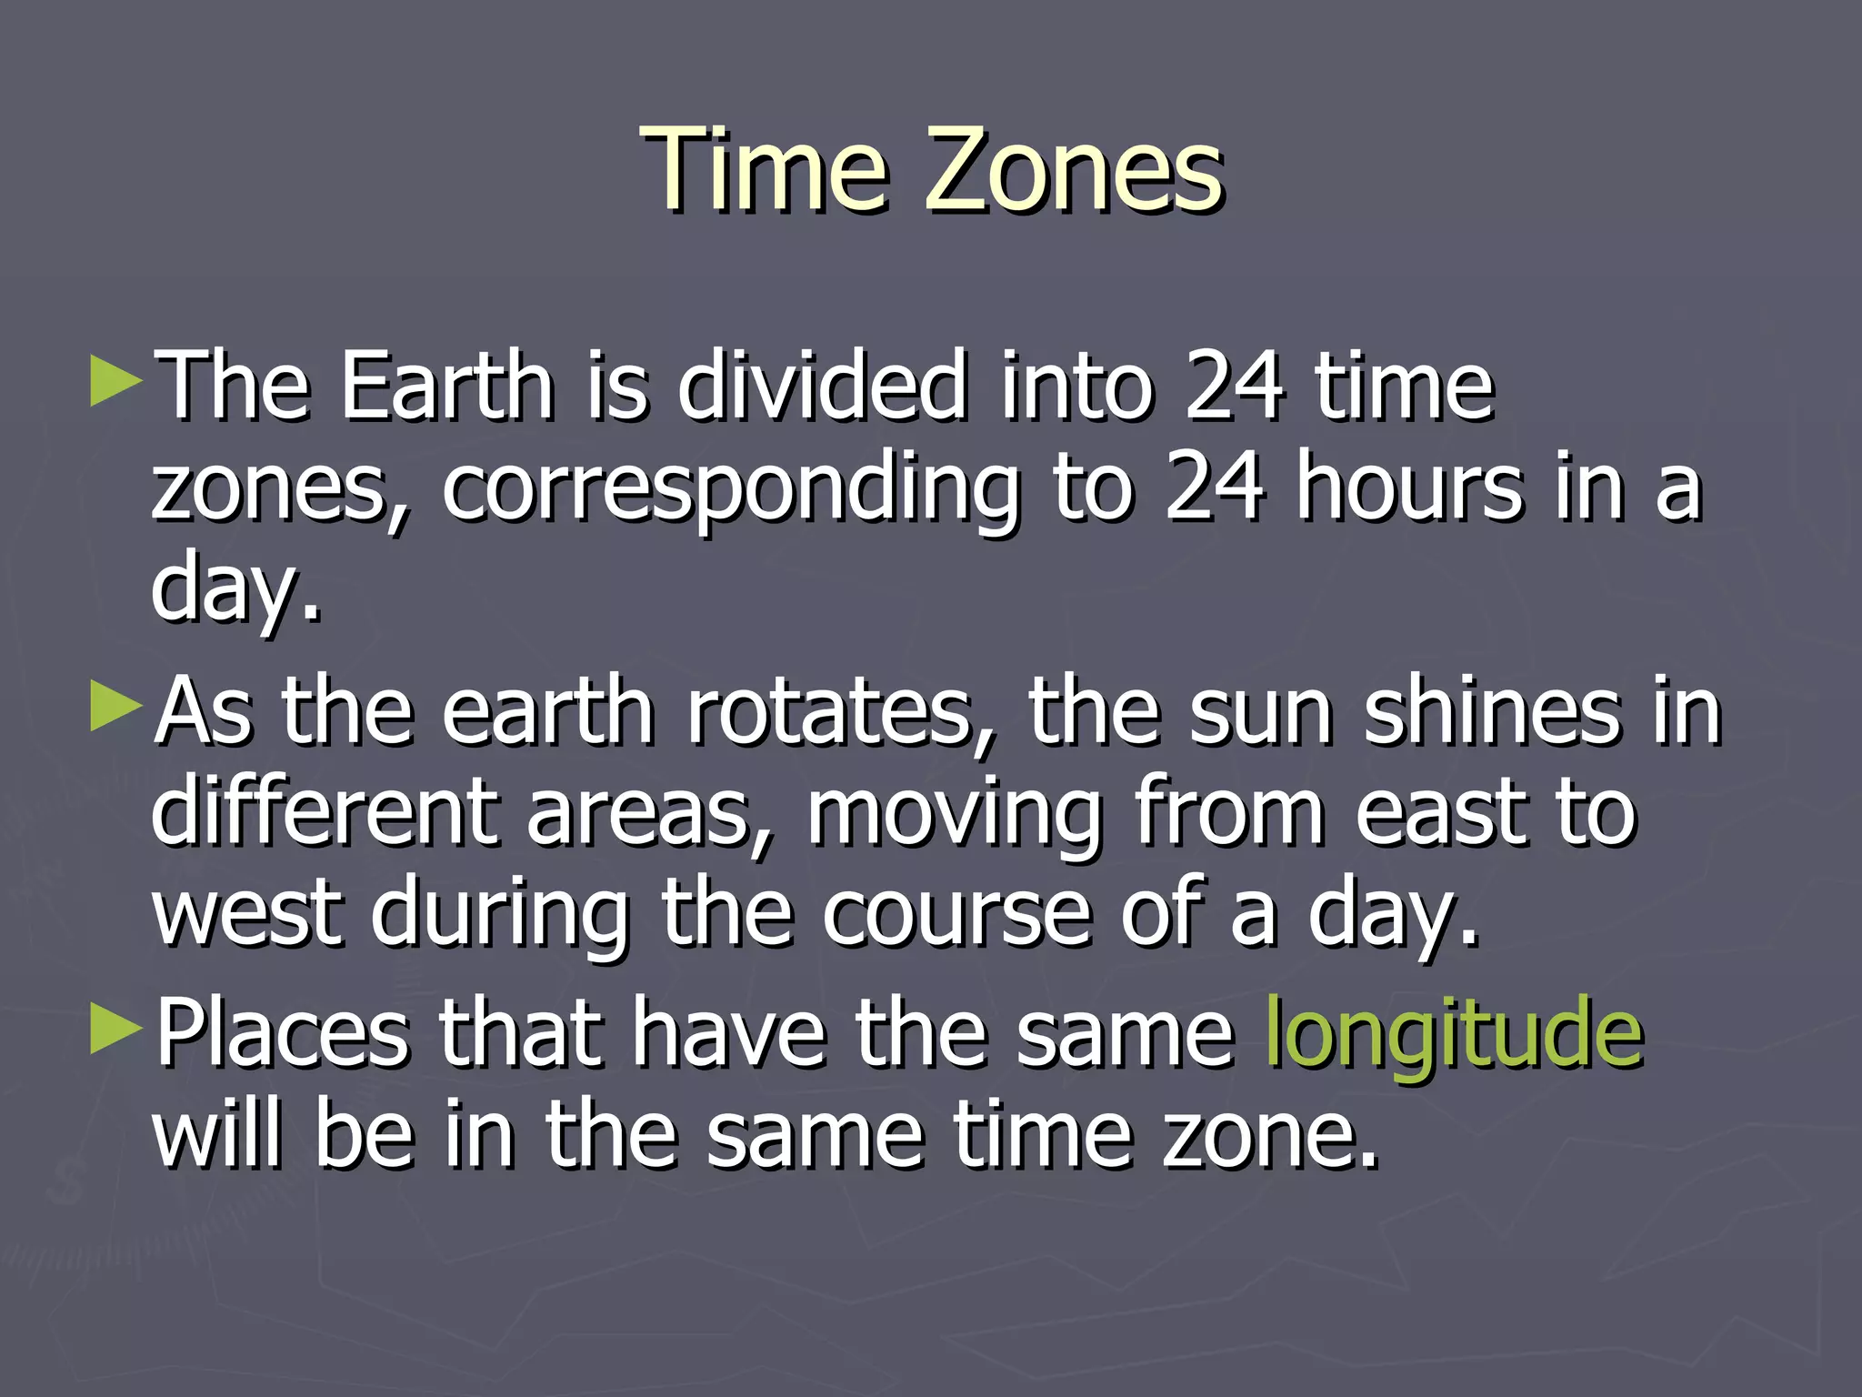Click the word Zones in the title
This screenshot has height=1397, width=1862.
click(x=1074, y=169)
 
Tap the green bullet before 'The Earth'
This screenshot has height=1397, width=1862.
click(x=116, y=382)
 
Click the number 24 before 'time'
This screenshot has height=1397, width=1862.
click(x=1235, y=387)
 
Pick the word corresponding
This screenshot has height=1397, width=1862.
click(x=730, y=491)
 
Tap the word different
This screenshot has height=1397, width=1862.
click(x=323, y=811)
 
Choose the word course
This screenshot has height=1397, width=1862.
click(x=956, y=914)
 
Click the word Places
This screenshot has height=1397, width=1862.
click(x=283, y=1033)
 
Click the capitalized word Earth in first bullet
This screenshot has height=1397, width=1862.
click(x=446, y=387)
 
